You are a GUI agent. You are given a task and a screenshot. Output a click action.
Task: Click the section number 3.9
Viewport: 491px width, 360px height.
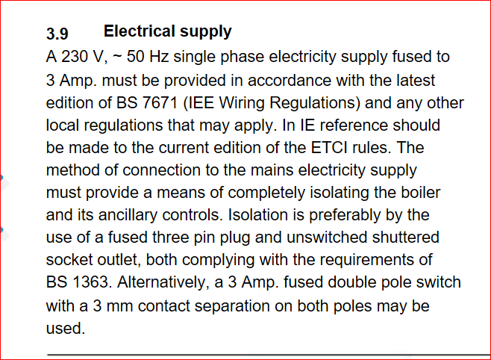click(x=57, y=33)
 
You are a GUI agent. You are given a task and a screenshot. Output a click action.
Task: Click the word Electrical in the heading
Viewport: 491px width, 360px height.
click(x=140, y=31)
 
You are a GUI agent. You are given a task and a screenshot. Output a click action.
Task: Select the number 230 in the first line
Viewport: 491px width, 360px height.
click(x=75, y=57)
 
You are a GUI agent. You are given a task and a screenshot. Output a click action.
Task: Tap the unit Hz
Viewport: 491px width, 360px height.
click(x=159, y=57)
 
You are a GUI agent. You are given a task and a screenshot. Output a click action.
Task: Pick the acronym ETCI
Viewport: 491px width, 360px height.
click(x=329, y=148)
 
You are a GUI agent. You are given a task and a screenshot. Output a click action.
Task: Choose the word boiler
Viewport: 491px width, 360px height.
click(x=421, y=193)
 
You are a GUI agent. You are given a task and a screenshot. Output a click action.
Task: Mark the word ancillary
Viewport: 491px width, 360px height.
click(x=128, y=215)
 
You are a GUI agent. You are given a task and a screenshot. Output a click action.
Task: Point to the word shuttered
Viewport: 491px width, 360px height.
click(x=405, y=238)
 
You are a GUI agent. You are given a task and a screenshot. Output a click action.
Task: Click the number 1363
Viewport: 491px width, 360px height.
click(x=90, y=282)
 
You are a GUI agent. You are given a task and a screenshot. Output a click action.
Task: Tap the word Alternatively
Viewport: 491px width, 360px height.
click(x=163, y=282)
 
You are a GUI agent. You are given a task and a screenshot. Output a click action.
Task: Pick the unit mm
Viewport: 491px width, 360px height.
click(x=119, y=306)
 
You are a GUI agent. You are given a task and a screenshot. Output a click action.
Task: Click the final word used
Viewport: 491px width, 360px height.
click(x=66, y=329)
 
